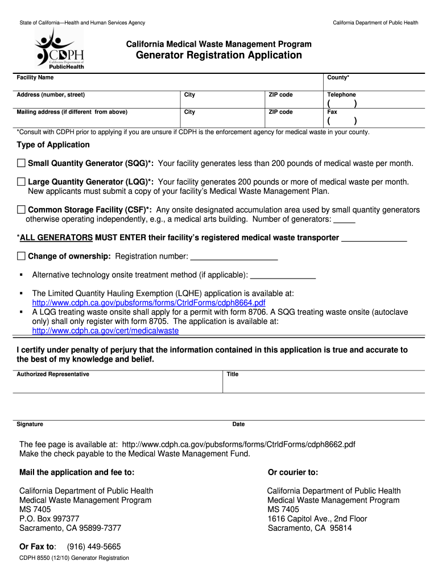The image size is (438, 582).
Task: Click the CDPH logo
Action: tap(60, 49)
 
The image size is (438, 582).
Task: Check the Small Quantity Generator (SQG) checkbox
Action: tap(22, 164)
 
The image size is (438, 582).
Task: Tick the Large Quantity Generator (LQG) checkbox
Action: tap(22, 182)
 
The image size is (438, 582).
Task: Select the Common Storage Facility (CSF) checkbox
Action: tap(22, 210)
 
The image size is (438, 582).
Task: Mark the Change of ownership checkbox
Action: tap(22, 256)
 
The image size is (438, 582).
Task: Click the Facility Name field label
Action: tap(35, 77)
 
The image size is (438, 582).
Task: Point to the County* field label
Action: tap(338, 77)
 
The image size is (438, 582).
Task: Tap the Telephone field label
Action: tap(341, 95)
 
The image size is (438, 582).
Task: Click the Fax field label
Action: tap(332, 112)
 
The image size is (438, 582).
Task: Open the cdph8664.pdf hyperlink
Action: tap(148, 303)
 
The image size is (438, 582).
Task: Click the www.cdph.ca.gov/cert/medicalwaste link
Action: tap(105, 331)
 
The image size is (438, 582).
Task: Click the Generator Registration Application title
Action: tap(218, 55)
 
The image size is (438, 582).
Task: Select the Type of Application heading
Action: tap(53, 145)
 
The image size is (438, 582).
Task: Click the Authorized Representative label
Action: tap(53, 375)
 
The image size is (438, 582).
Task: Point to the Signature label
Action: tap(30, 425)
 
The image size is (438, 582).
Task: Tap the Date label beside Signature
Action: tap(238, 425)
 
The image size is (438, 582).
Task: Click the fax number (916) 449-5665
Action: tap(94, 547)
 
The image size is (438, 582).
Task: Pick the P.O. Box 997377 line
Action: tap(49, 519)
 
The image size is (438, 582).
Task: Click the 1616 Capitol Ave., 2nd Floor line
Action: tap(317, 519)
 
